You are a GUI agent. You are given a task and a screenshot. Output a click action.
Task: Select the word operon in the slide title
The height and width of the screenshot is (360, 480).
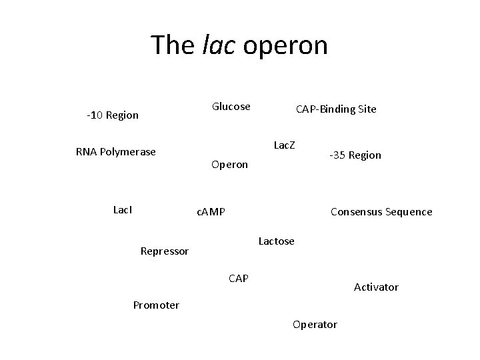286,45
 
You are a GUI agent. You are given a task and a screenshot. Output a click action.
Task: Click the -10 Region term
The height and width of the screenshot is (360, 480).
113,115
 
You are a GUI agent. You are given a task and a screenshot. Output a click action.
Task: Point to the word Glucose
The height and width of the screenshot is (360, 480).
231,107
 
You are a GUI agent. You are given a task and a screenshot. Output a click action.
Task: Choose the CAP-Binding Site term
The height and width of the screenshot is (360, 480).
336,109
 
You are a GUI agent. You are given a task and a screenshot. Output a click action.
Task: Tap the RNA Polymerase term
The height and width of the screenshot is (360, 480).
116,151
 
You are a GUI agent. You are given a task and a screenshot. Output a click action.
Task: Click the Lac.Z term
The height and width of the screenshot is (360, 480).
285,145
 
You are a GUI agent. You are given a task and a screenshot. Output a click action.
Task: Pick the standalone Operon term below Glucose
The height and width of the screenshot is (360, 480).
229,164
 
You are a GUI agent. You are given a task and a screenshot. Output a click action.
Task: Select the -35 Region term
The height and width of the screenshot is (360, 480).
355,155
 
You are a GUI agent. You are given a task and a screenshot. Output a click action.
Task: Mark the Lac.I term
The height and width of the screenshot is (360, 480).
123,209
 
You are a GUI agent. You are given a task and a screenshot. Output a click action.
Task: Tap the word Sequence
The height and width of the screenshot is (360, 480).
411,212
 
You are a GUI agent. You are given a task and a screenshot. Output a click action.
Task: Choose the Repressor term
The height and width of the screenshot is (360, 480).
165,251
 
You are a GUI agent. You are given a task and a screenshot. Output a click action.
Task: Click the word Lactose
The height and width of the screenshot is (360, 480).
276,241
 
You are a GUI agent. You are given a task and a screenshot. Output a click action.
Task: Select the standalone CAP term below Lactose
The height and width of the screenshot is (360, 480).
238,278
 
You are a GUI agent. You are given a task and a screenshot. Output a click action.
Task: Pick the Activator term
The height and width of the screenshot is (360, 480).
376,287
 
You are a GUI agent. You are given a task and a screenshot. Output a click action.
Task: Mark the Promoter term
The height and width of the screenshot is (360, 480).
156,305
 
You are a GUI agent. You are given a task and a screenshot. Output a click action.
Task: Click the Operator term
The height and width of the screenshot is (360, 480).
315,325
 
